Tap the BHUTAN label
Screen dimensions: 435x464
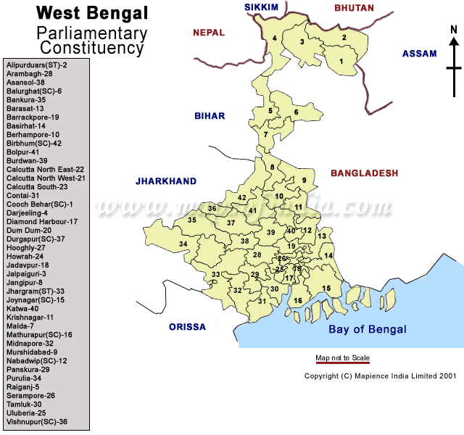coord(354,8)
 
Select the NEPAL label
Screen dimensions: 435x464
coord(209,33)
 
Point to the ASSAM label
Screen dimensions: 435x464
coord(420,54)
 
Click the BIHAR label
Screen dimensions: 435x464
coord(210,116)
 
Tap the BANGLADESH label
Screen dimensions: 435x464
coord(365,173)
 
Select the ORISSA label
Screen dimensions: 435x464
coord(187,327)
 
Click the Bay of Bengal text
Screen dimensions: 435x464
coord(368,329)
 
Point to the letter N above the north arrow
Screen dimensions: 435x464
coord(453,30)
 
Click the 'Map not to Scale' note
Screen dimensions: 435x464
coord(342,358)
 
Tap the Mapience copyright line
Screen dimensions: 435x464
coord(380,376)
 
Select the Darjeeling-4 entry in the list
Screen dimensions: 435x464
coord(27,213)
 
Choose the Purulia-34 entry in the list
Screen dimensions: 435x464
coord(24,378)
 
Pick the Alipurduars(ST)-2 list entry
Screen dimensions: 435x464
coord(37,65)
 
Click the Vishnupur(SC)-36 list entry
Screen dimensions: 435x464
coord(37,421)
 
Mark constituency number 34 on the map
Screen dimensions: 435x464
coord(184,244)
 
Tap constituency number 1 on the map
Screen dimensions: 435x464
coord(341,61)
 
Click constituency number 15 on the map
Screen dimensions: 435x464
coord(326,289)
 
